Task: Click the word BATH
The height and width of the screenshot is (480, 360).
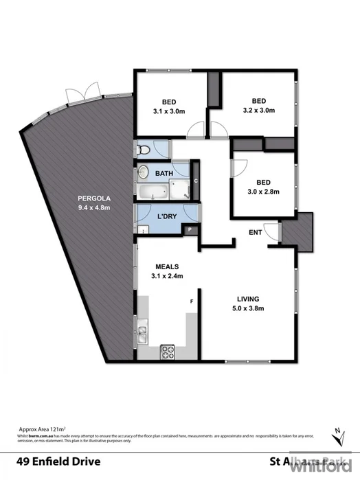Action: [x=164, y=174]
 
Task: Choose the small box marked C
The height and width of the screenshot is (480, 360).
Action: [x=196, y=181]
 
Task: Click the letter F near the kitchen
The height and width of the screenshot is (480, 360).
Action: [x=192, y=301]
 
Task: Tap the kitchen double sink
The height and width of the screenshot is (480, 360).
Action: [x=142, y=334]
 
